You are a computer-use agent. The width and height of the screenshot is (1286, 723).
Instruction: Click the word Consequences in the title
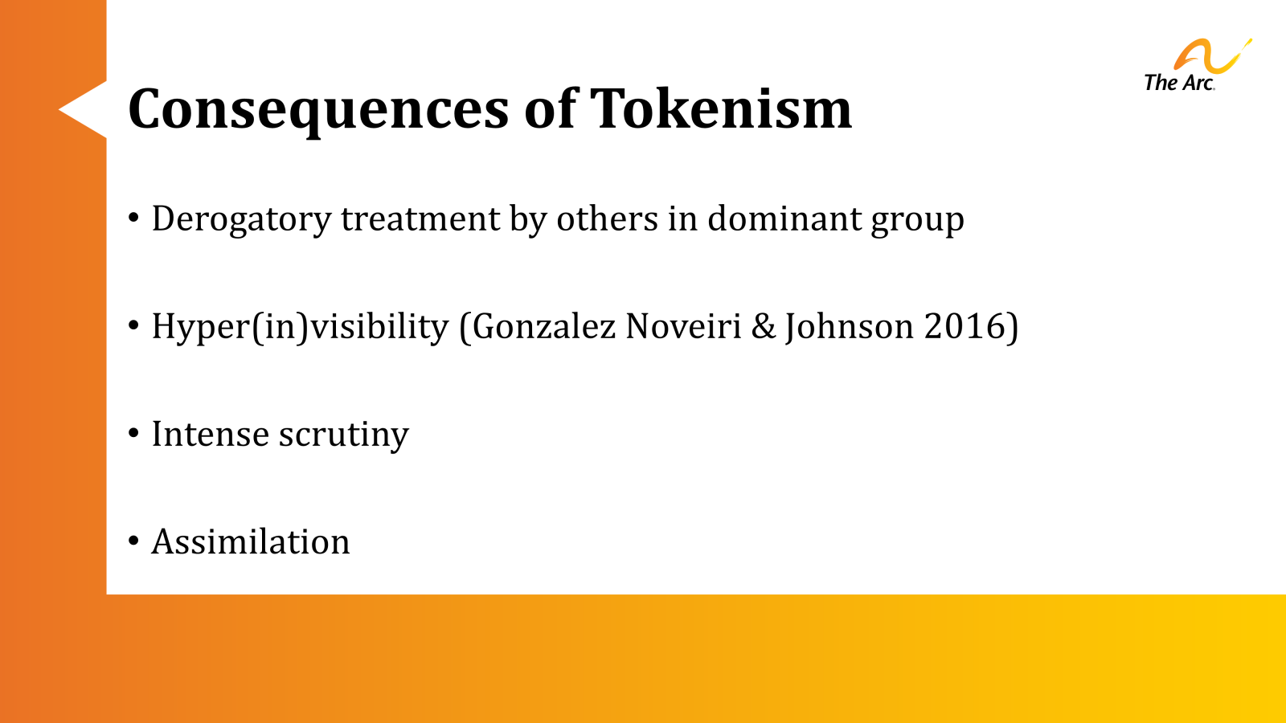pos(318,109)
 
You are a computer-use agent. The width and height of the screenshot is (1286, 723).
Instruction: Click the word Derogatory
pos(241,219)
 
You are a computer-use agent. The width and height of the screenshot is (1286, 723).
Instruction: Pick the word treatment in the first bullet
pos(420,219)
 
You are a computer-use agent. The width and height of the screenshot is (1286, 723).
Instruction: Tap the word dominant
pos(772,219)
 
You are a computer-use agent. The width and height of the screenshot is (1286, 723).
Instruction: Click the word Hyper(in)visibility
pos(300,327)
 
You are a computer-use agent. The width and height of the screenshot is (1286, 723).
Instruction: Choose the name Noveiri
pos(683,326)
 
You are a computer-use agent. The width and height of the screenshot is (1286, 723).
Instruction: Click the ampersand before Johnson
pos(763,326)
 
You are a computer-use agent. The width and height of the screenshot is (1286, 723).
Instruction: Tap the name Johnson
pos(849,327)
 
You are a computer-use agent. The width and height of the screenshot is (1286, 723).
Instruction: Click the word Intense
pos(210,434)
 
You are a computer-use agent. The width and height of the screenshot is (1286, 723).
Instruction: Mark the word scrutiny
pos(343,435)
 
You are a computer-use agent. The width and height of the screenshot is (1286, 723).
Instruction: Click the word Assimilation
pos(251,542)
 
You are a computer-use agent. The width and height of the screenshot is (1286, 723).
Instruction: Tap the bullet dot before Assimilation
pos(134,541)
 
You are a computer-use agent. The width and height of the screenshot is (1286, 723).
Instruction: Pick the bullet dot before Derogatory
pos(134,218)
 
